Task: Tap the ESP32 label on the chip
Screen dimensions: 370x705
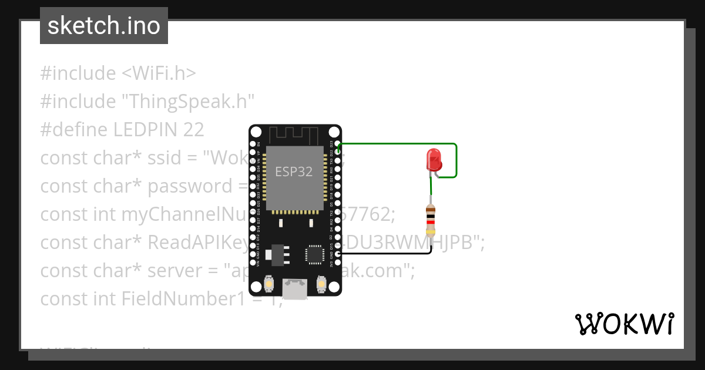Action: [294, 172]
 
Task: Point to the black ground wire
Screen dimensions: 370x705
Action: [388, 254]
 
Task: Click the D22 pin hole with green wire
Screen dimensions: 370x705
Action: [336, 152]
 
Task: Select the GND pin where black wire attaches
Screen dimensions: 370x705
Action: [336, 254]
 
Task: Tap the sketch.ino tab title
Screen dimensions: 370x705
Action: [104, 26]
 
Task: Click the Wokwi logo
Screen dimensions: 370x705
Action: [624, 324]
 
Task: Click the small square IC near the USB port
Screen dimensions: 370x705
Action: [313, 254]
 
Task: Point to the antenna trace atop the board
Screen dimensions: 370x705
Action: [294, 134]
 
